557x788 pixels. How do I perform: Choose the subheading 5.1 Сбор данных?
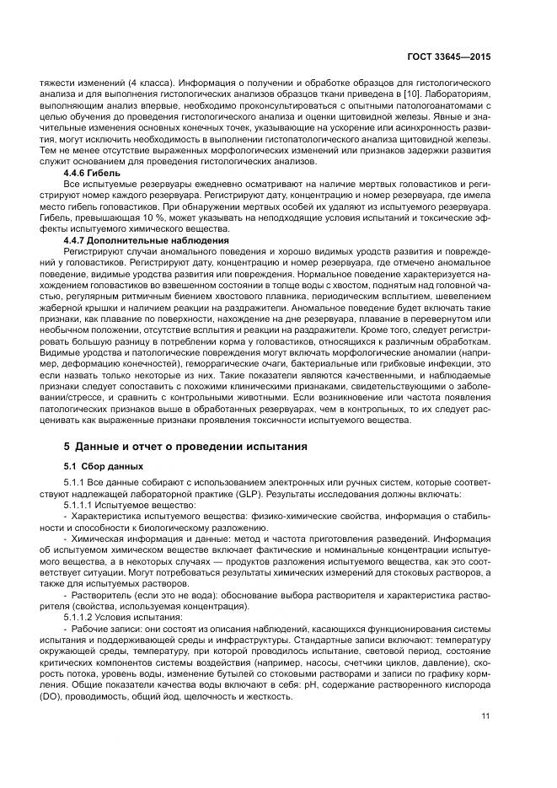(99, 465)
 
